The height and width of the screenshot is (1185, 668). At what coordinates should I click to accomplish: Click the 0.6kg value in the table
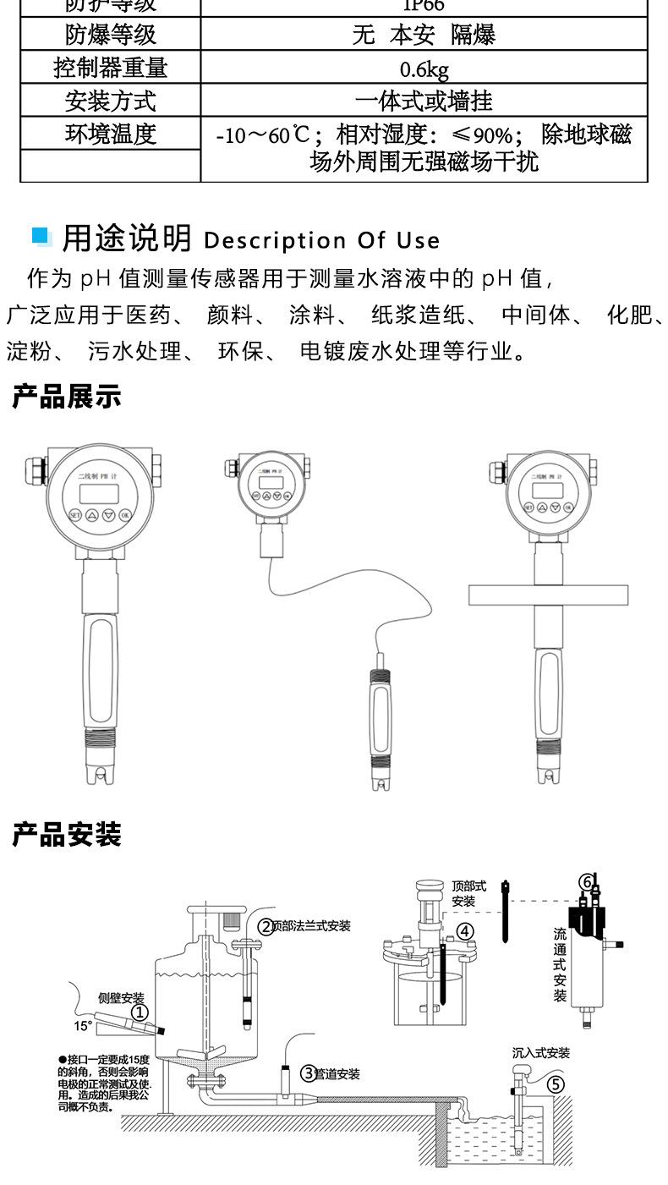click(x=424, y=69)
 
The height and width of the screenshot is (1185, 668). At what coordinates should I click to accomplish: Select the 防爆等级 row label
click(x=110, y=35)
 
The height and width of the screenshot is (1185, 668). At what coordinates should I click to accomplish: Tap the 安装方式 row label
click(x=110, y=101)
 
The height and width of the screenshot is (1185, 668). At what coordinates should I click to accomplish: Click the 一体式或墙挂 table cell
click(x=424, y=101)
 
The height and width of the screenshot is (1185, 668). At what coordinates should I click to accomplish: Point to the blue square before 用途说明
click(x=41, y=236)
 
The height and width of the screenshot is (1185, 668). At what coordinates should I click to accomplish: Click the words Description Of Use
click(x=322, y=241)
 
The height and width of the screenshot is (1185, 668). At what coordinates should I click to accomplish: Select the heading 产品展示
click(x=67, y=396)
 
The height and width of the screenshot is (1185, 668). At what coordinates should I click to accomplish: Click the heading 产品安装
click(x=67, y=835)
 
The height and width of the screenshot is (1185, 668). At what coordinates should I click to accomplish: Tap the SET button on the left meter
click(x=74, y=514)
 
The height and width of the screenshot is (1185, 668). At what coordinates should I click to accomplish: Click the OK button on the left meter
click(x=125, y=514)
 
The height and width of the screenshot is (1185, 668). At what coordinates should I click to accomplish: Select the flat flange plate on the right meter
click(x=549, y=595)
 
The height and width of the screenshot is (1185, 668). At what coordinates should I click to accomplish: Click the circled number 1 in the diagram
click(x=140, y=1012)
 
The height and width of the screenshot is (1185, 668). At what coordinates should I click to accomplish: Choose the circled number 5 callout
click(x=556, y=1084)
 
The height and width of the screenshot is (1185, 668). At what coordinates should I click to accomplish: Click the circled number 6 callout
click(x=586, y=881)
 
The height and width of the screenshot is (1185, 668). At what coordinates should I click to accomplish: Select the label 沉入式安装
click(x=541, y=1053)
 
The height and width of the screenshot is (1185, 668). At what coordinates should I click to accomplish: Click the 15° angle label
click(x=83, y=1027)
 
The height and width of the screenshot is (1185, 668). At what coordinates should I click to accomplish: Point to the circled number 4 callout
click(x=465, y=932)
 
